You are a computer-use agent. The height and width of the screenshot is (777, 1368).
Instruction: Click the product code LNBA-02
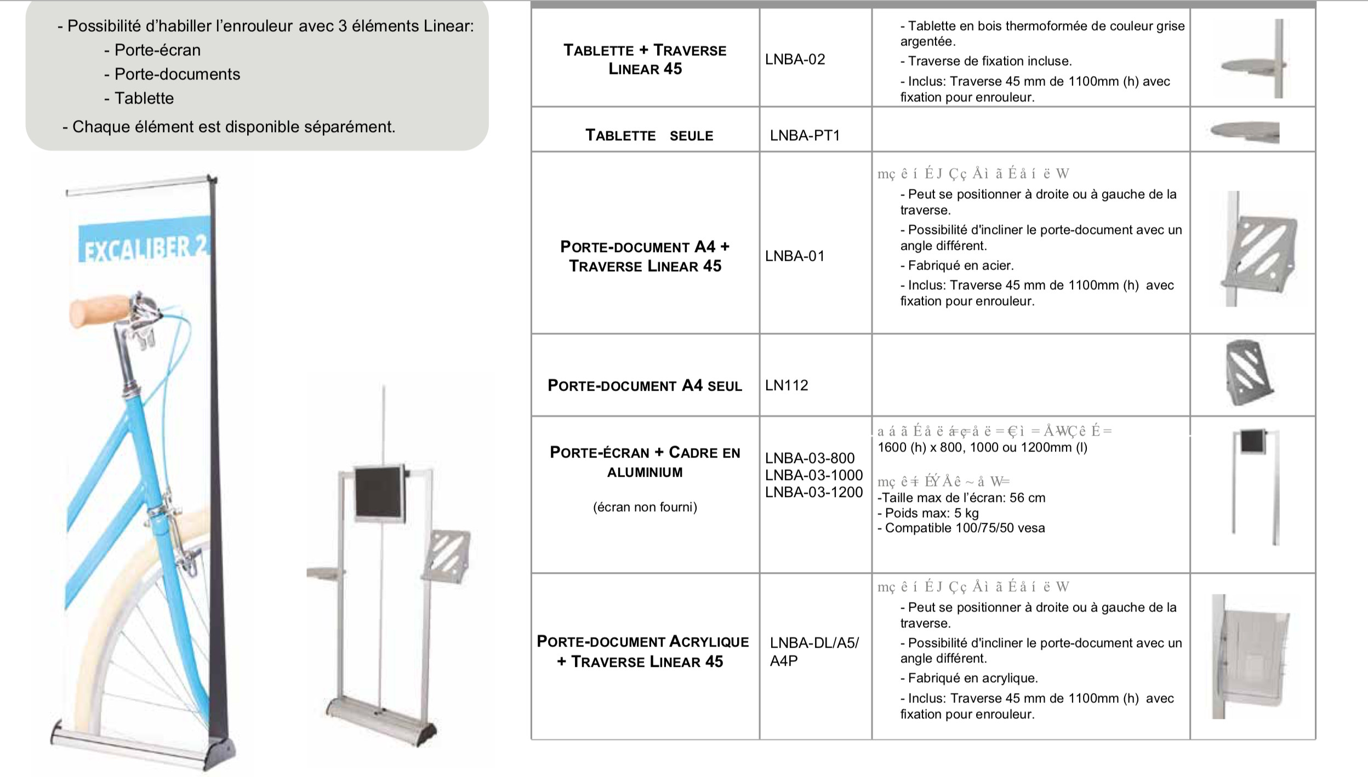[795, 59]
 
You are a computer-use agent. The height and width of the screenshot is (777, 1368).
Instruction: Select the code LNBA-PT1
[805, 135]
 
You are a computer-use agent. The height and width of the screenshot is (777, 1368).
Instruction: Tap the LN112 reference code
[786, 385]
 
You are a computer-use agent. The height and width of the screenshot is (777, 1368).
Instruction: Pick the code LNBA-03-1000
[814, 475]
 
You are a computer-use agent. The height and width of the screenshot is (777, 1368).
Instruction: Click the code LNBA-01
[795, 256]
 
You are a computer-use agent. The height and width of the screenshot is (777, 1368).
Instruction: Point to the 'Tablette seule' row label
[649, 135]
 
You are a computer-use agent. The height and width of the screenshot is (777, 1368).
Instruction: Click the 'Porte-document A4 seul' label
[645, 385]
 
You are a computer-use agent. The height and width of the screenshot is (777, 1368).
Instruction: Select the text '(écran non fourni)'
[645, 507]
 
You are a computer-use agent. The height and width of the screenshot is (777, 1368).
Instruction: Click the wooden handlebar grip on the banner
[100, 310]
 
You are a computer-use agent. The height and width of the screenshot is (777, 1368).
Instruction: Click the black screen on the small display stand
[379, 492]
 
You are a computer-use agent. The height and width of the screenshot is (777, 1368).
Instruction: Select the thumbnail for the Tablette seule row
[1245, 132]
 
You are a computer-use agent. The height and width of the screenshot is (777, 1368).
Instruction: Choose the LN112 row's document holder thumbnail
[1248, 372]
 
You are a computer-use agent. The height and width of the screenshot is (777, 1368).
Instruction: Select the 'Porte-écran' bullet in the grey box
[157, 50]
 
